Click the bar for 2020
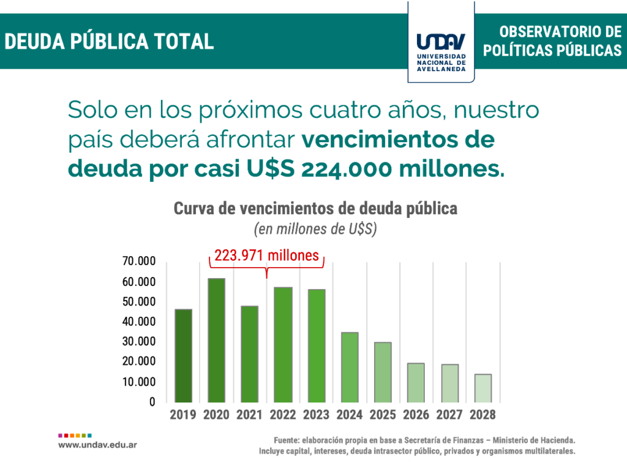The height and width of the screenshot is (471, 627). [x=216, y=341]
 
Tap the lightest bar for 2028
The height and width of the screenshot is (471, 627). [x=482, y=388]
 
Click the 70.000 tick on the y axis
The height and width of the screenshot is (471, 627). [x=139, y=262]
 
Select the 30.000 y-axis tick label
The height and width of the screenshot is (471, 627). [x=139, y=342]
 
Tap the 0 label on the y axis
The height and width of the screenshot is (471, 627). [x=152, y=402]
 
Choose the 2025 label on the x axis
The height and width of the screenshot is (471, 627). [x=383, y=415]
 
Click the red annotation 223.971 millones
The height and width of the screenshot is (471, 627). [x=267, y=255]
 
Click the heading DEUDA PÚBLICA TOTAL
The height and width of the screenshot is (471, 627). [x=109, y=41]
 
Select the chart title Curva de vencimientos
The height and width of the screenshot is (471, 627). [x=315, y=208]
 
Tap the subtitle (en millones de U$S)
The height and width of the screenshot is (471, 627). [x=315, y=230]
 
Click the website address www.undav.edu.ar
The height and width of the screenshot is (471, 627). [x=97, y=445]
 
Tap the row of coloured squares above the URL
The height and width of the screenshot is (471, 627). [x=75, y=435]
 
